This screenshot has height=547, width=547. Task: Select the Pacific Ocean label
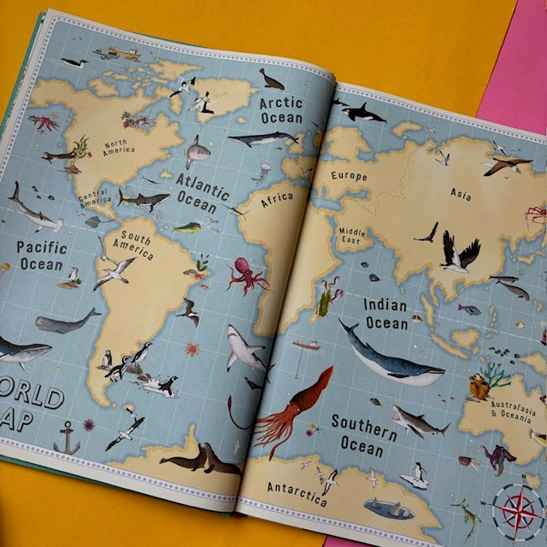pos(40,255)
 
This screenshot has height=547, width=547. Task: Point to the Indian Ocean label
pos(386,314)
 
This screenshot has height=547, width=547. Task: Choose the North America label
pos(119,148)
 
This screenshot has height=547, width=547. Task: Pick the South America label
pos(137,244)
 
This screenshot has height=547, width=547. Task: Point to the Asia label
pos(461,195)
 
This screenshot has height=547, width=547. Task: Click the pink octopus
pos(247,275)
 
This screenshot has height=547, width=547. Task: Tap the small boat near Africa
pos(306,345)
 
